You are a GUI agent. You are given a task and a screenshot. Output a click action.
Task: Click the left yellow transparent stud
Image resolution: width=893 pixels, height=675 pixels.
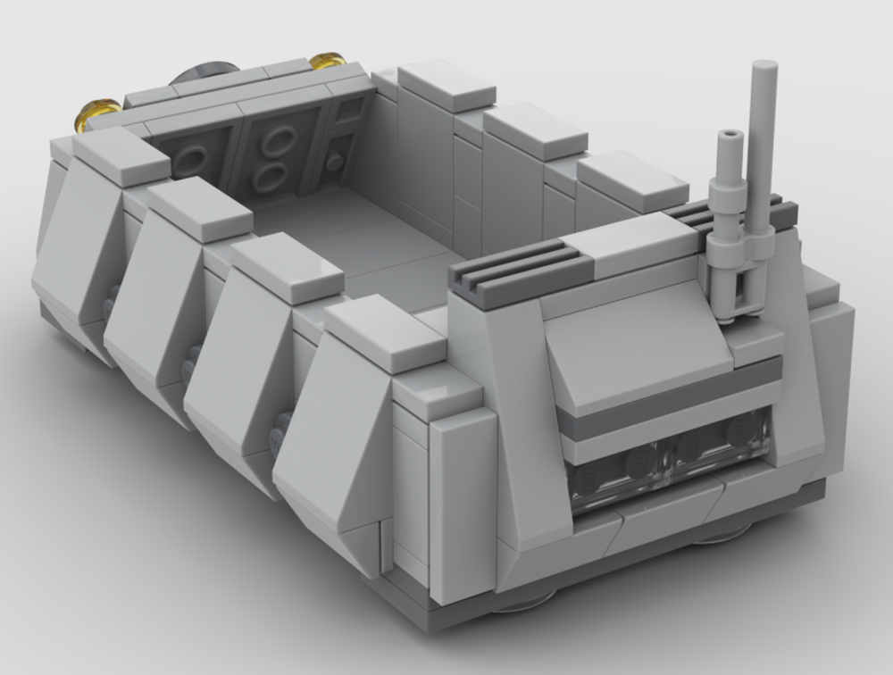point(96,113)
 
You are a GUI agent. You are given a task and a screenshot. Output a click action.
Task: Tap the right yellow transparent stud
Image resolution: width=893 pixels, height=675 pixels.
point(329,61)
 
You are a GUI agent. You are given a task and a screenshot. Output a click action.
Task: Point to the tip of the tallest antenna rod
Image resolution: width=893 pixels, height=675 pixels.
point(764,68)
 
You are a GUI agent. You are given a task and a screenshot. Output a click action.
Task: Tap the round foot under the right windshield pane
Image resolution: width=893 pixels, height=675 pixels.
point(723,534)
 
